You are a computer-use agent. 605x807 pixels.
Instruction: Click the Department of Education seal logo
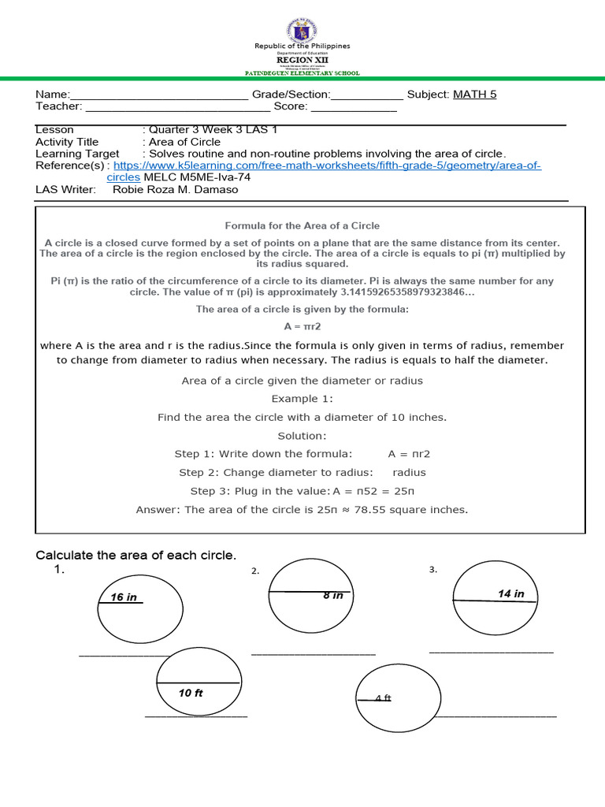point(302,29)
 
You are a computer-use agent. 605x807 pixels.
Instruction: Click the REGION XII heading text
point(302,59)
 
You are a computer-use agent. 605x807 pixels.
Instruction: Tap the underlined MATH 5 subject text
point(474,95)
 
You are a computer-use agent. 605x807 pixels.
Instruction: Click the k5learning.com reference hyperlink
point(327,165)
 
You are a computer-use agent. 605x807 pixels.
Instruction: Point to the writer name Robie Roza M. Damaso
point(175,189)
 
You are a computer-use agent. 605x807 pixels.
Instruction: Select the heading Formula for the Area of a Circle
point(302,226)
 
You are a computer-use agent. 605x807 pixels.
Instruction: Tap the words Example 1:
point(302,399)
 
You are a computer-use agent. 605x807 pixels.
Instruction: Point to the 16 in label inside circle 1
point(124,597)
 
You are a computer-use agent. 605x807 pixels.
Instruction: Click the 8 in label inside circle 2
point(332,596)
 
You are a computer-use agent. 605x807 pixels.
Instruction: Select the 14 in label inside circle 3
point(510,593)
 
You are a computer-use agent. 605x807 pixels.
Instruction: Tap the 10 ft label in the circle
point(191,694)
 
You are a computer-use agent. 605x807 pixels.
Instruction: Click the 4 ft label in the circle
point(383,698)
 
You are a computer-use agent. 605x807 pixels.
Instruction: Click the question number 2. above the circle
point(255,571)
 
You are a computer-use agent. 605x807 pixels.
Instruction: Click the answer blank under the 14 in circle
point(491,651)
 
